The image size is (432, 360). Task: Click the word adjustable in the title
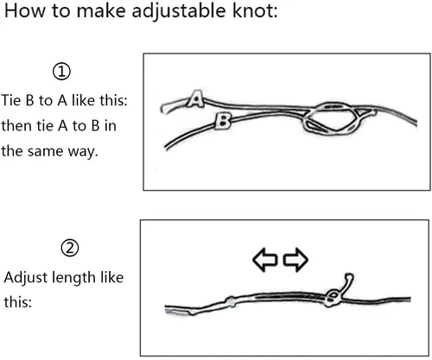(179, 11)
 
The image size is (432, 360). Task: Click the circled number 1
(61, 72)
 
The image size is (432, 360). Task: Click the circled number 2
(70, 248)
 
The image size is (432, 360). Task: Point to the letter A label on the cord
(196, 98)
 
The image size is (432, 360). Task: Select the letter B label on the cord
(222, 120)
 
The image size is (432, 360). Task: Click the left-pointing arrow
(265, 260)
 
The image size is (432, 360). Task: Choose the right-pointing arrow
(295, 260)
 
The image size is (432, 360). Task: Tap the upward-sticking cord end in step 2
(348, 283)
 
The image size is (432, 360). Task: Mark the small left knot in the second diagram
(231, 301)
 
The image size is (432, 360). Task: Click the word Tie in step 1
(11, 100)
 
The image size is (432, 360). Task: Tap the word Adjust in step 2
(25, 278)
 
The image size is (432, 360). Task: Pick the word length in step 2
(73, 278)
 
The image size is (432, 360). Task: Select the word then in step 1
(16, 126)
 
